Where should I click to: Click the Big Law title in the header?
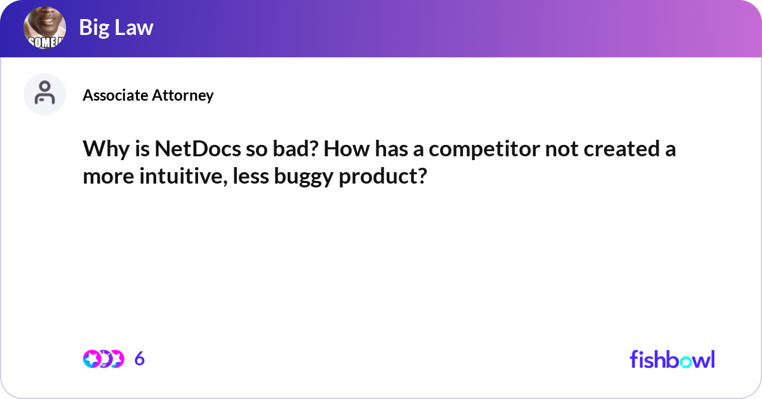coord(116,27)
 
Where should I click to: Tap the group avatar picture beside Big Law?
coord(44,29)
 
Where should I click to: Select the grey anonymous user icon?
coord(44,94)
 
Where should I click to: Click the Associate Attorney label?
coord(148,95)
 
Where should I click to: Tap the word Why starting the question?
coord(102,151)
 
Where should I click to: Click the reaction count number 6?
coord(140,359)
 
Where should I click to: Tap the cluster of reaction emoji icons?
coord(103,359)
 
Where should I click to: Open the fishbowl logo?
coord(672,359)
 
